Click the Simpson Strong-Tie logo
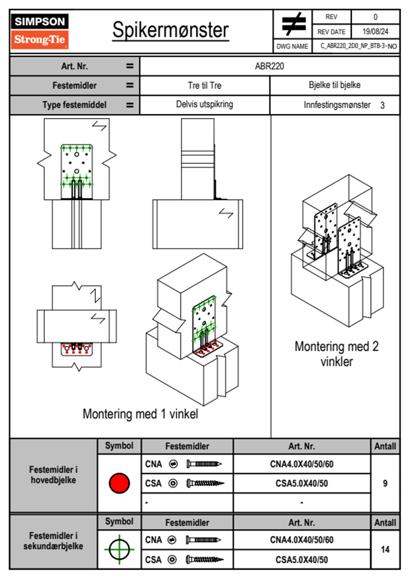[40, 31]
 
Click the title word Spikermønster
[171, 30]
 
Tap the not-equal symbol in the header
[293, 24]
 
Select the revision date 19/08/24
[375, 32]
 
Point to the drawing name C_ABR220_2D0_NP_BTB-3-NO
[358, 46]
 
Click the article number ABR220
[269, 66]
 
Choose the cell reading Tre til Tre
[205, 85]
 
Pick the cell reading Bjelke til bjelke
[335, 85]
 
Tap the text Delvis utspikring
[205, 104]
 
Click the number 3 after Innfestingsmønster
[382, 105]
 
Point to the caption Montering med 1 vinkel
[140, 414]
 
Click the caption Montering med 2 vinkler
[337, 354]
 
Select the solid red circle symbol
[119, 483]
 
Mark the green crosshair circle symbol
[119, 549]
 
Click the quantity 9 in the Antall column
[385, 483]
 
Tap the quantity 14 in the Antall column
[385, 549]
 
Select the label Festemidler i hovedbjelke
[53, 475]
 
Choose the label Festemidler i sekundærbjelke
[53, 541]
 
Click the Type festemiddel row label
[74, 105]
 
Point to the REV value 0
[375, 17]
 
